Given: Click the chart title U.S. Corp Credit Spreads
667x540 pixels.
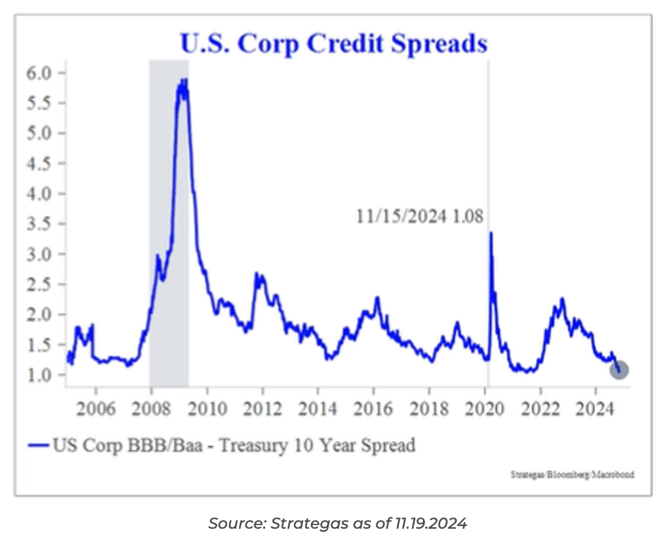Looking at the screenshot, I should (x=333, y=44).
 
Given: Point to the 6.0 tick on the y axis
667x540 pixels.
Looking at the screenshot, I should (x=40, y=73).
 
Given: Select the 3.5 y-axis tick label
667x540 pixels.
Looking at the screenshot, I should (x=40, y=223).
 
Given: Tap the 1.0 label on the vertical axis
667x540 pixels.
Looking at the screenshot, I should (x=40, y=374).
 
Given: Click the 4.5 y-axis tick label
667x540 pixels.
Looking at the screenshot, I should (x=40, y=164).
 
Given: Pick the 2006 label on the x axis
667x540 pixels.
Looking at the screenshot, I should (x=94, y=408).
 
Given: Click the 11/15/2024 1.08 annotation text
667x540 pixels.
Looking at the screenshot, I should (x=420, y=216).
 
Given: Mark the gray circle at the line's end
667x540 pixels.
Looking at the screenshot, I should (x=618, y=369).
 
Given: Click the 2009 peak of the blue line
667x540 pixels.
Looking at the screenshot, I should (x=183, y=81).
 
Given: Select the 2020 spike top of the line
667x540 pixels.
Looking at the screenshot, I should (x=490, y=233).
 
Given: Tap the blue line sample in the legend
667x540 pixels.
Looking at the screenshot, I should (x=39, y=445).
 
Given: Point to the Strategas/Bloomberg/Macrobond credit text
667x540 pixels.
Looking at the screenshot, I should (x=572, y=474).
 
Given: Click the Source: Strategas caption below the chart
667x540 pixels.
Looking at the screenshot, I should (x=338, y=523).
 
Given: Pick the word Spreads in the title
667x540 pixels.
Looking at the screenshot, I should (x=445, y=44).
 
